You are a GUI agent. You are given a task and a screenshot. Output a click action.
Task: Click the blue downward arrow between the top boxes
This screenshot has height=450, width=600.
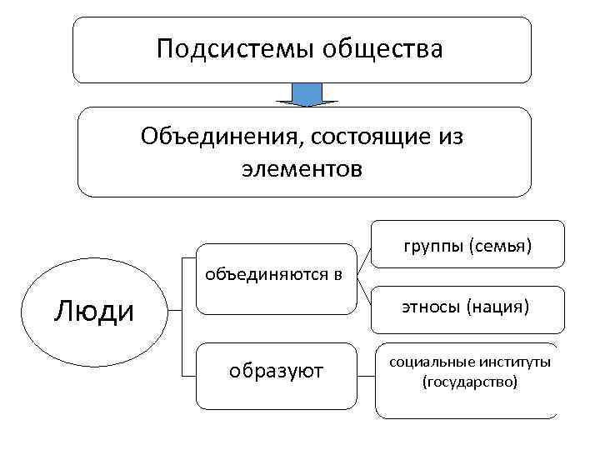(305, 94)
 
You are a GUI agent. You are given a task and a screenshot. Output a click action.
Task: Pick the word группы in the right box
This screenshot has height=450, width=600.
(432, 246)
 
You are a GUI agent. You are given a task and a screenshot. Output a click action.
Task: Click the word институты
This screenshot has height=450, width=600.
(514, 362)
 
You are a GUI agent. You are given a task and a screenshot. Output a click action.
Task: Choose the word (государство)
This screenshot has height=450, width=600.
(470, 382)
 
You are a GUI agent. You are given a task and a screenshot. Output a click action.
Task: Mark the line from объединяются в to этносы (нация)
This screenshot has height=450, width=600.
(364, 292)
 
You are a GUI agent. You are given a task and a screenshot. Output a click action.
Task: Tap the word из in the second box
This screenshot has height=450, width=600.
(447, 134)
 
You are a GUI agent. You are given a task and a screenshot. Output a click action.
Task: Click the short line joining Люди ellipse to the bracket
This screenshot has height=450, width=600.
(173, 311)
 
